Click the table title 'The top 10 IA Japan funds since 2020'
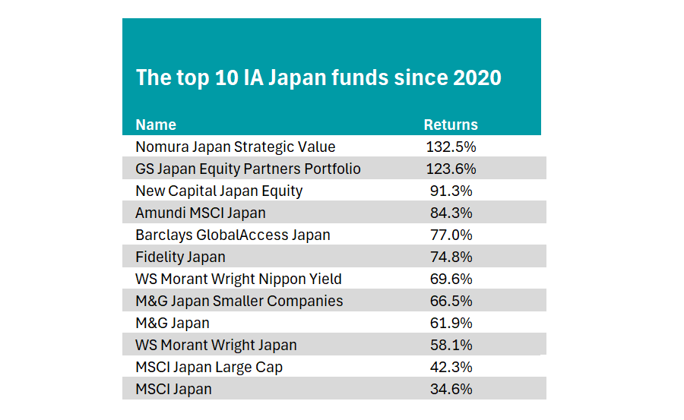click(318, 77)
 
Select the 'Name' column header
click(156, 125)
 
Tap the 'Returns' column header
click(451, 125)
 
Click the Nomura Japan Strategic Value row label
click(236, 147)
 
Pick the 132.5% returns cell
click(451, 147)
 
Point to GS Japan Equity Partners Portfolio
click(249, 169)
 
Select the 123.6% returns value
click(451, 169)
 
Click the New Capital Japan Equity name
click(219, 191)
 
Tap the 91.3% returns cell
click(451, 191)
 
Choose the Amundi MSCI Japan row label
click(201, 213)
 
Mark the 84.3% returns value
click(451, 213)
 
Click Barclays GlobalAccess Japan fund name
click(233, 235)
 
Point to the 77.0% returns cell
click(451, 235)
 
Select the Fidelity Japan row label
click(181, 257)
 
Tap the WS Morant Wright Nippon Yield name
click(239, 279)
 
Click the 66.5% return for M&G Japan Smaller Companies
click(451, 301)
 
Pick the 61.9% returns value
click(451, 324)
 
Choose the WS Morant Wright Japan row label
click(217, 345)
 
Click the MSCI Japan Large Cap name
click(210, 368)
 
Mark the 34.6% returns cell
click(451, 389)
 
